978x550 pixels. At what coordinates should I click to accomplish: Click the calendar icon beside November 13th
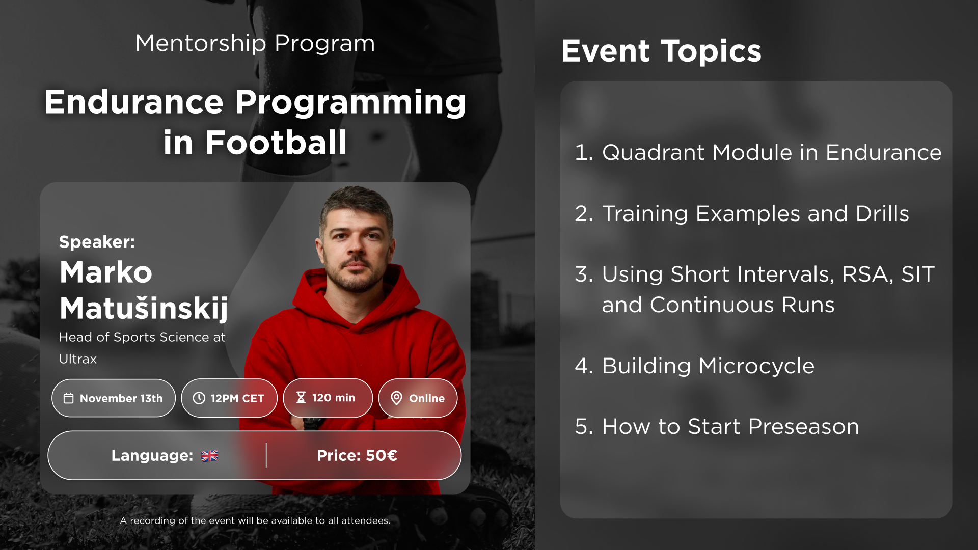(x=68, y=398)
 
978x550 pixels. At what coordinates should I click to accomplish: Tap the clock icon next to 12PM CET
(x=199, y=398)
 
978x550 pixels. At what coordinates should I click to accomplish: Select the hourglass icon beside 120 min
(x=301, y=398)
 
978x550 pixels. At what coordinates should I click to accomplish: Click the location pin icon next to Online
(x=396, y=398)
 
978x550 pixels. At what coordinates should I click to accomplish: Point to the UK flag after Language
(x=209, y=456)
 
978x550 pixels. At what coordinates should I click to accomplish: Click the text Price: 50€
(x=357, y=455)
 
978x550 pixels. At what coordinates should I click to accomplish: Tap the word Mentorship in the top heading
(x=201, y=44)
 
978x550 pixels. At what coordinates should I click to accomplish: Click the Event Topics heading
(x=661, y=51)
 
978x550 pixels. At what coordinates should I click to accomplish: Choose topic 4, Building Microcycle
(x=695, y=366)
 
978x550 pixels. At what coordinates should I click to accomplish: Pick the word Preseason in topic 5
(x=804, y=426)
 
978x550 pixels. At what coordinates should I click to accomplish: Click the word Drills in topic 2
(x=882, y=213)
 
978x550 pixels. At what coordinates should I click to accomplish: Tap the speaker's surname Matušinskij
(x=144, y=309)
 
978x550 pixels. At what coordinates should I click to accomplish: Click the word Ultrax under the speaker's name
(x=78, y=359)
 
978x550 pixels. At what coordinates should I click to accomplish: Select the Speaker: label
(x=97, y=242)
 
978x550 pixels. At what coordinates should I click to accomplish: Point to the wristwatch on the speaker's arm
(x=312, y=422)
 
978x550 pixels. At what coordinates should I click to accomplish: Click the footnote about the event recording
(x=255, y=520)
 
